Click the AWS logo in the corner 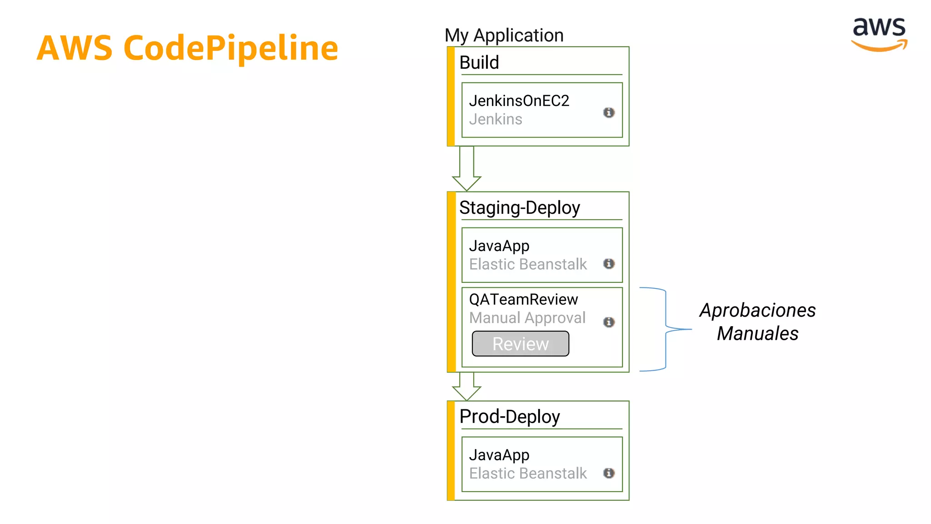click(x=879, y=34)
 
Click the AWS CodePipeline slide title click(x=187, y=48)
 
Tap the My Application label click(x=504, y=35)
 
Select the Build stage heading click(x=479, y=62)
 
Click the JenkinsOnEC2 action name click(x=519, y=101)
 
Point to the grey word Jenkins click(x=496, y=119)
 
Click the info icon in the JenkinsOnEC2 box click(x=609, y=112)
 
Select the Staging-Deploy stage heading click(x=519, y=208)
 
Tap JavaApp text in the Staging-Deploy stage click(x=499, y=246)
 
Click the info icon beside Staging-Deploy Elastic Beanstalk click(x=609, y=264)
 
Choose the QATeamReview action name click(x=523, y=299)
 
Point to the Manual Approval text click(x=527, y=317)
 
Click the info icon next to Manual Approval click(x=609, y=322)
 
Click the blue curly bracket click(x=666, y=329)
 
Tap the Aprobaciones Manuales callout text click(x=757, y=322)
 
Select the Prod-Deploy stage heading click(x=509, y=417)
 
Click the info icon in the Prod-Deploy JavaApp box click(x=609, y=473)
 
